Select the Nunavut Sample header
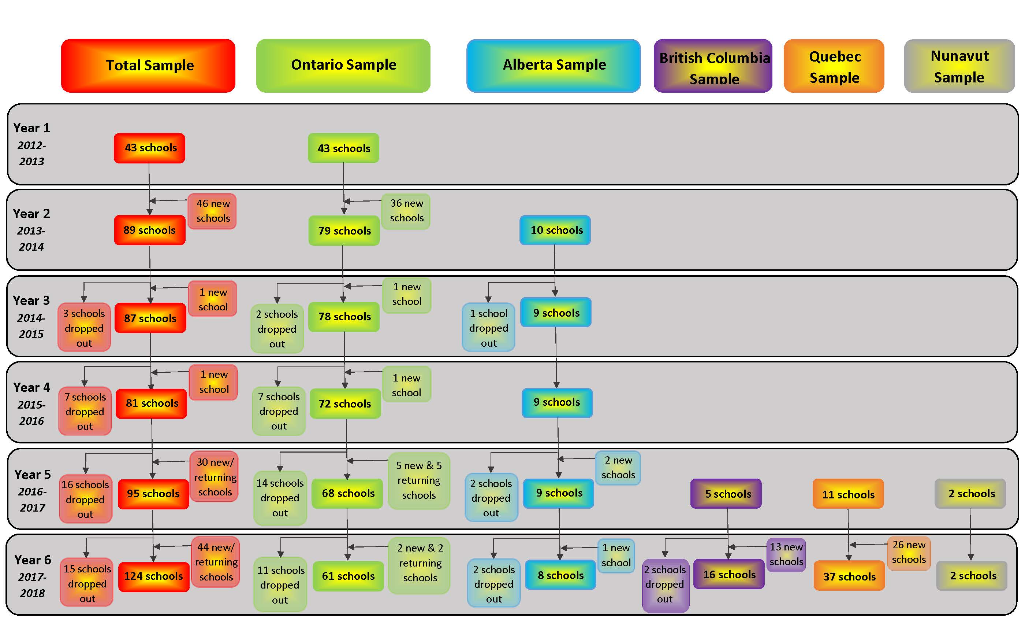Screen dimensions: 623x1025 coord(959,66)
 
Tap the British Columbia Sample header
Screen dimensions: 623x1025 coord(713,66)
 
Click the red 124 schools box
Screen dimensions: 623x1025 coord(153,576)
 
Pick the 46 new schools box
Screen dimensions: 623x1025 coord(212,211)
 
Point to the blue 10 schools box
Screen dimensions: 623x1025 coord(555,230)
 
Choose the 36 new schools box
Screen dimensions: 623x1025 coord(406,211)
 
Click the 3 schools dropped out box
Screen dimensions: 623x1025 coord(84,327)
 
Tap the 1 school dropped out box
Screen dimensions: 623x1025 coord(488,327)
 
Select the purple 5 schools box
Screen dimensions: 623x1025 coord(726,494)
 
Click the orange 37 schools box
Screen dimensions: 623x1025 coord(849,576)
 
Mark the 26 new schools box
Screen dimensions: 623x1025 coord(909,553)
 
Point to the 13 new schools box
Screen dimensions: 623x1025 coord(786,554)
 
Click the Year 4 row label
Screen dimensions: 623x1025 coord(31,387)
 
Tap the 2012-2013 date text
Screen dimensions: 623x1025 coord(31,153)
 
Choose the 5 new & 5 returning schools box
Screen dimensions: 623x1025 coord(418,480)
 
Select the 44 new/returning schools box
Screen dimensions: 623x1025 coord(216,562)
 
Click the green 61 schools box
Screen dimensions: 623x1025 coord(348,576)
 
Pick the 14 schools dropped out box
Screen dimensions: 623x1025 coord(280,498)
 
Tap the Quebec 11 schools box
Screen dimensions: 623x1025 coord(848,494)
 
